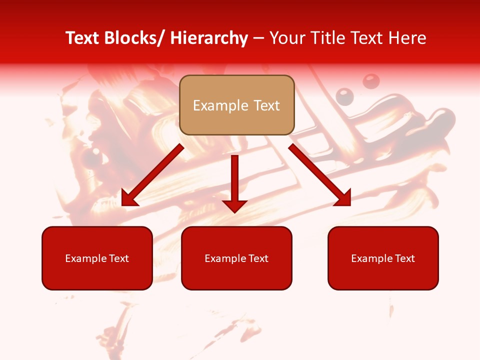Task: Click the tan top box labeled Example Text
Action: coord(236,105)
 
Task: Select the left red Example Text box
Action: coord(97,258)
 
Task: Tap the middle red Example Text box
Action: coord(236,258)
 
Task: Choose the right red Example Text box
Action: coord(383,258)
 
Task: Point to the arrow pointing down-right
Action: coord(320,175)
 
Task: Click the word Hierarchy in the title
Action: coord(209,38)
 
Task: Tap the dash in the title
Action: coord(258,38)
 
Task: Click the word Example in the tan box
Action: coord(220,105)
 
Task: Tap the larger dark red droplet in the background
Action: coord(370,81)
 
